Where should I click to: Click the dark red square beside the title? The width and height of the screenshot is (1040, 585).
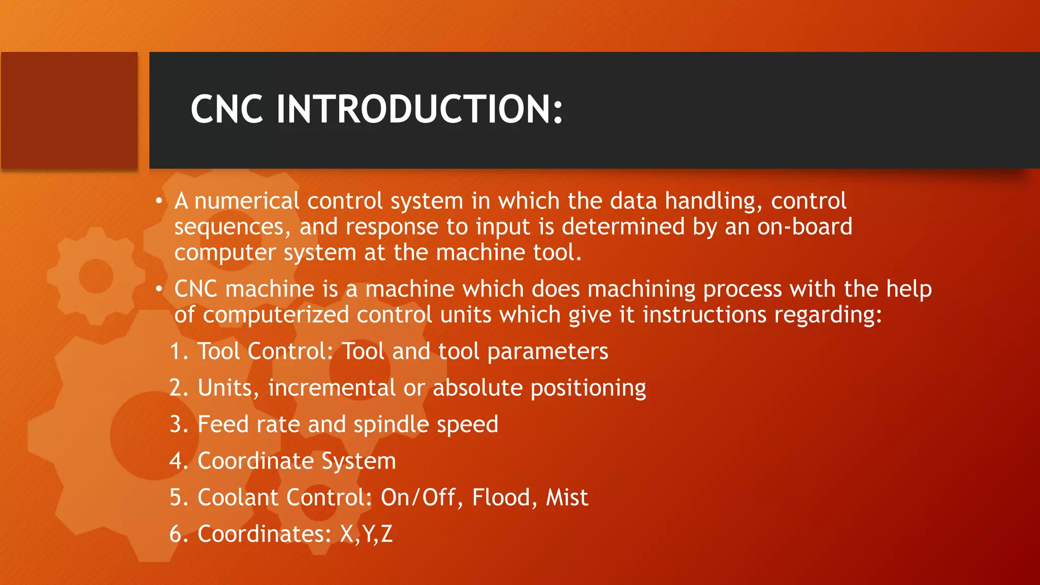[69, 110]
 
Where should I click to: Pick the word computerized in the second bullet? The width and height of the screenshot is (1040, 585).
[276, 315]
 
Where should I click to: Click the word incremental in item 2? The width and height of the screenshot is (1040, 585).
[332, 388]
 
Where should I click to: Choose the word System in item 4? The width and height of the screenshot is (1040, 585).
[358, 461]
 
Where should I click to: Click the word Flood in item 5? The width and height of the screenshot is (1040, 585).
[501, 498]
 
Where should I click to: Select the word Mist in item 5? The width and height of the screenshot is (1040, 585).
[567, 498]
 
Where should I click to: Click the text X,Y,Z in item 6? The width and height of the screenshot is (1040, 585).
[366, 534]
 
